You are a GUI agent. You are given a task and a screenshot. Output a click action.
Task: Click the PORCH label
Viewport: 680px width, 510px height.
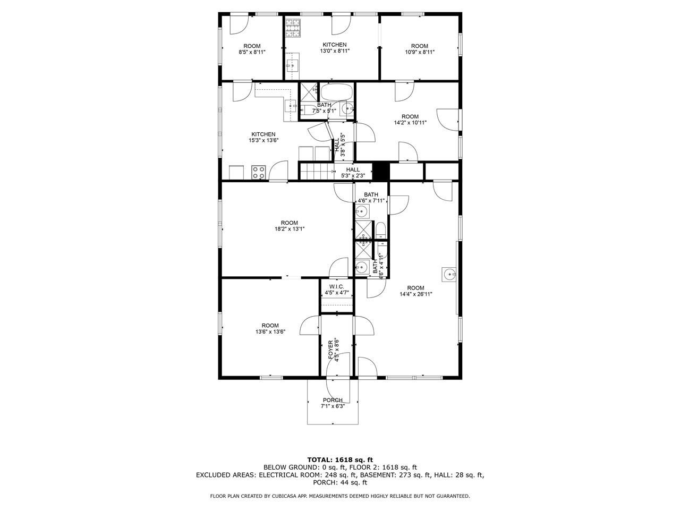click(333, 400)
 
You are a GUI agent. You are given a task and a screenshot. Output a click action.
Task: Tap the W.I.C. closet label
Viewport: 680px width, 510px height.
click(337, 287)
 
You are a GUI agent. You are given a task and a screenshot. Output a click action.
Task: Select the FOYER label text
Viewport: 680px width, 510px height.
click(331, 350)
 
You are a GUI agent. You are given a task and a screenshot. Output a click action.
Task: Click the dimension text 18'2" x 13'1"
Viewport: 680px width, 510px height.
click(290, 229)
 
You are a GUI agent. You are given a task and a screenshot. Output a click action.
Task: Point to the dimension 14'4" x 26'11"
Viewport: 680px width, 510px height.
click(416, 294)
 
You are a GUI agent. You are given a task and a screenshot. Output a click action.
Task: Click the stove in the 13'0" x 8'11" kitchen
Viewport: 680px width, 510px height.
click(293, 28)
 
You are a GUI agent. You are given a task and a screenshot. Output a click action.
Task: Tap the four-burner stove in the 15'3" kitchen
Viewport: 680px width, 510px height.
click(258, 173)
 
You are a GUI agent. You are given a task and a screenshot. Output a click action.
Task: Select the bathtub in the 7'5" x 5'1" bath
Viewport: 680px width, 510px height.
click(336, 92)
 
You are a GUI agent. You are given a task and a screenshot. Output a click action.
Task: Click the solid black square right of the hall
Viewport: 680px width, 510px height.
click(381, 171)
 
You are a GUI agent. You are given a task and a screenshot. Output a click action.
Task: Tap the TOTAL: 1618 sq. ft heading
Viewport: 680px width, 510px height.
click(340, 460)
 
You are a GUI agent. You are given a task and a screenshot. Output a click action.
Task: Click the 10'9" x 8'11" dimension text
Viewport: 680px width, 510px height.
click(420, 52)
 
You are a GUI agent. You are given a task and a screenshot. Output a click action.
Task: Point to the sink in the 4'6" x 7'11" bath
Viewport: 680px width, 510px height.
click(362, 212)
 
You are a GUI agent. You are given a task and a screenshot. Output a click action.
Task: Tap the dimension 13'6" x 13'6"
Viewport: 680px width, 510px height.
click(270, 332)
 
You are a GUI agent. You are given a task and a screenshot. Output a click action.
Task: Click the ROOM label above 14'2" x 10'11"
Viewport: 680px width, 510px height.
click(410, 116)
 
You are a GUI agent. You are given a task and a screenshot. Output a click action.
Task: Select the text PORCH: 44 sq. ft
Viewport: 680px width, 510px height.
click(340, 482)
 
